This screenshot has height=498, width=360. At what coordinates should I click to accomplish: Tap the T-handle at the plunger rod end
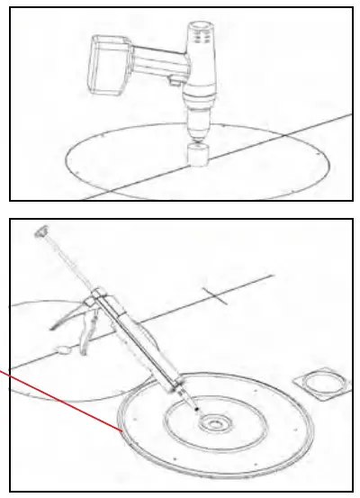click(40, 232)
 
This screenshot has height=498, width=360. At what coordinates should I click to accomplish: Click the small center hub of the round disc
click(217, 421)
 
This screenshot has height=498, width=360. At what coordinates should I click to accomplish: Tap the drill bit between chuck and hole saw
click(196, 135)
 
